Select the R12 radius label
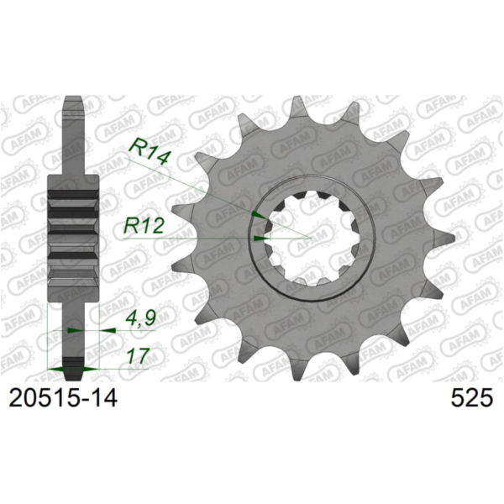pos(144,224)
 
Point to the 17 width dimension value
pos(134,355)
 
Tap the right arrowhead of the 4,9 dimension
pos(108,331)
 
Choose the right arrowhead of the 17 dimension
pos(92,368)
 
